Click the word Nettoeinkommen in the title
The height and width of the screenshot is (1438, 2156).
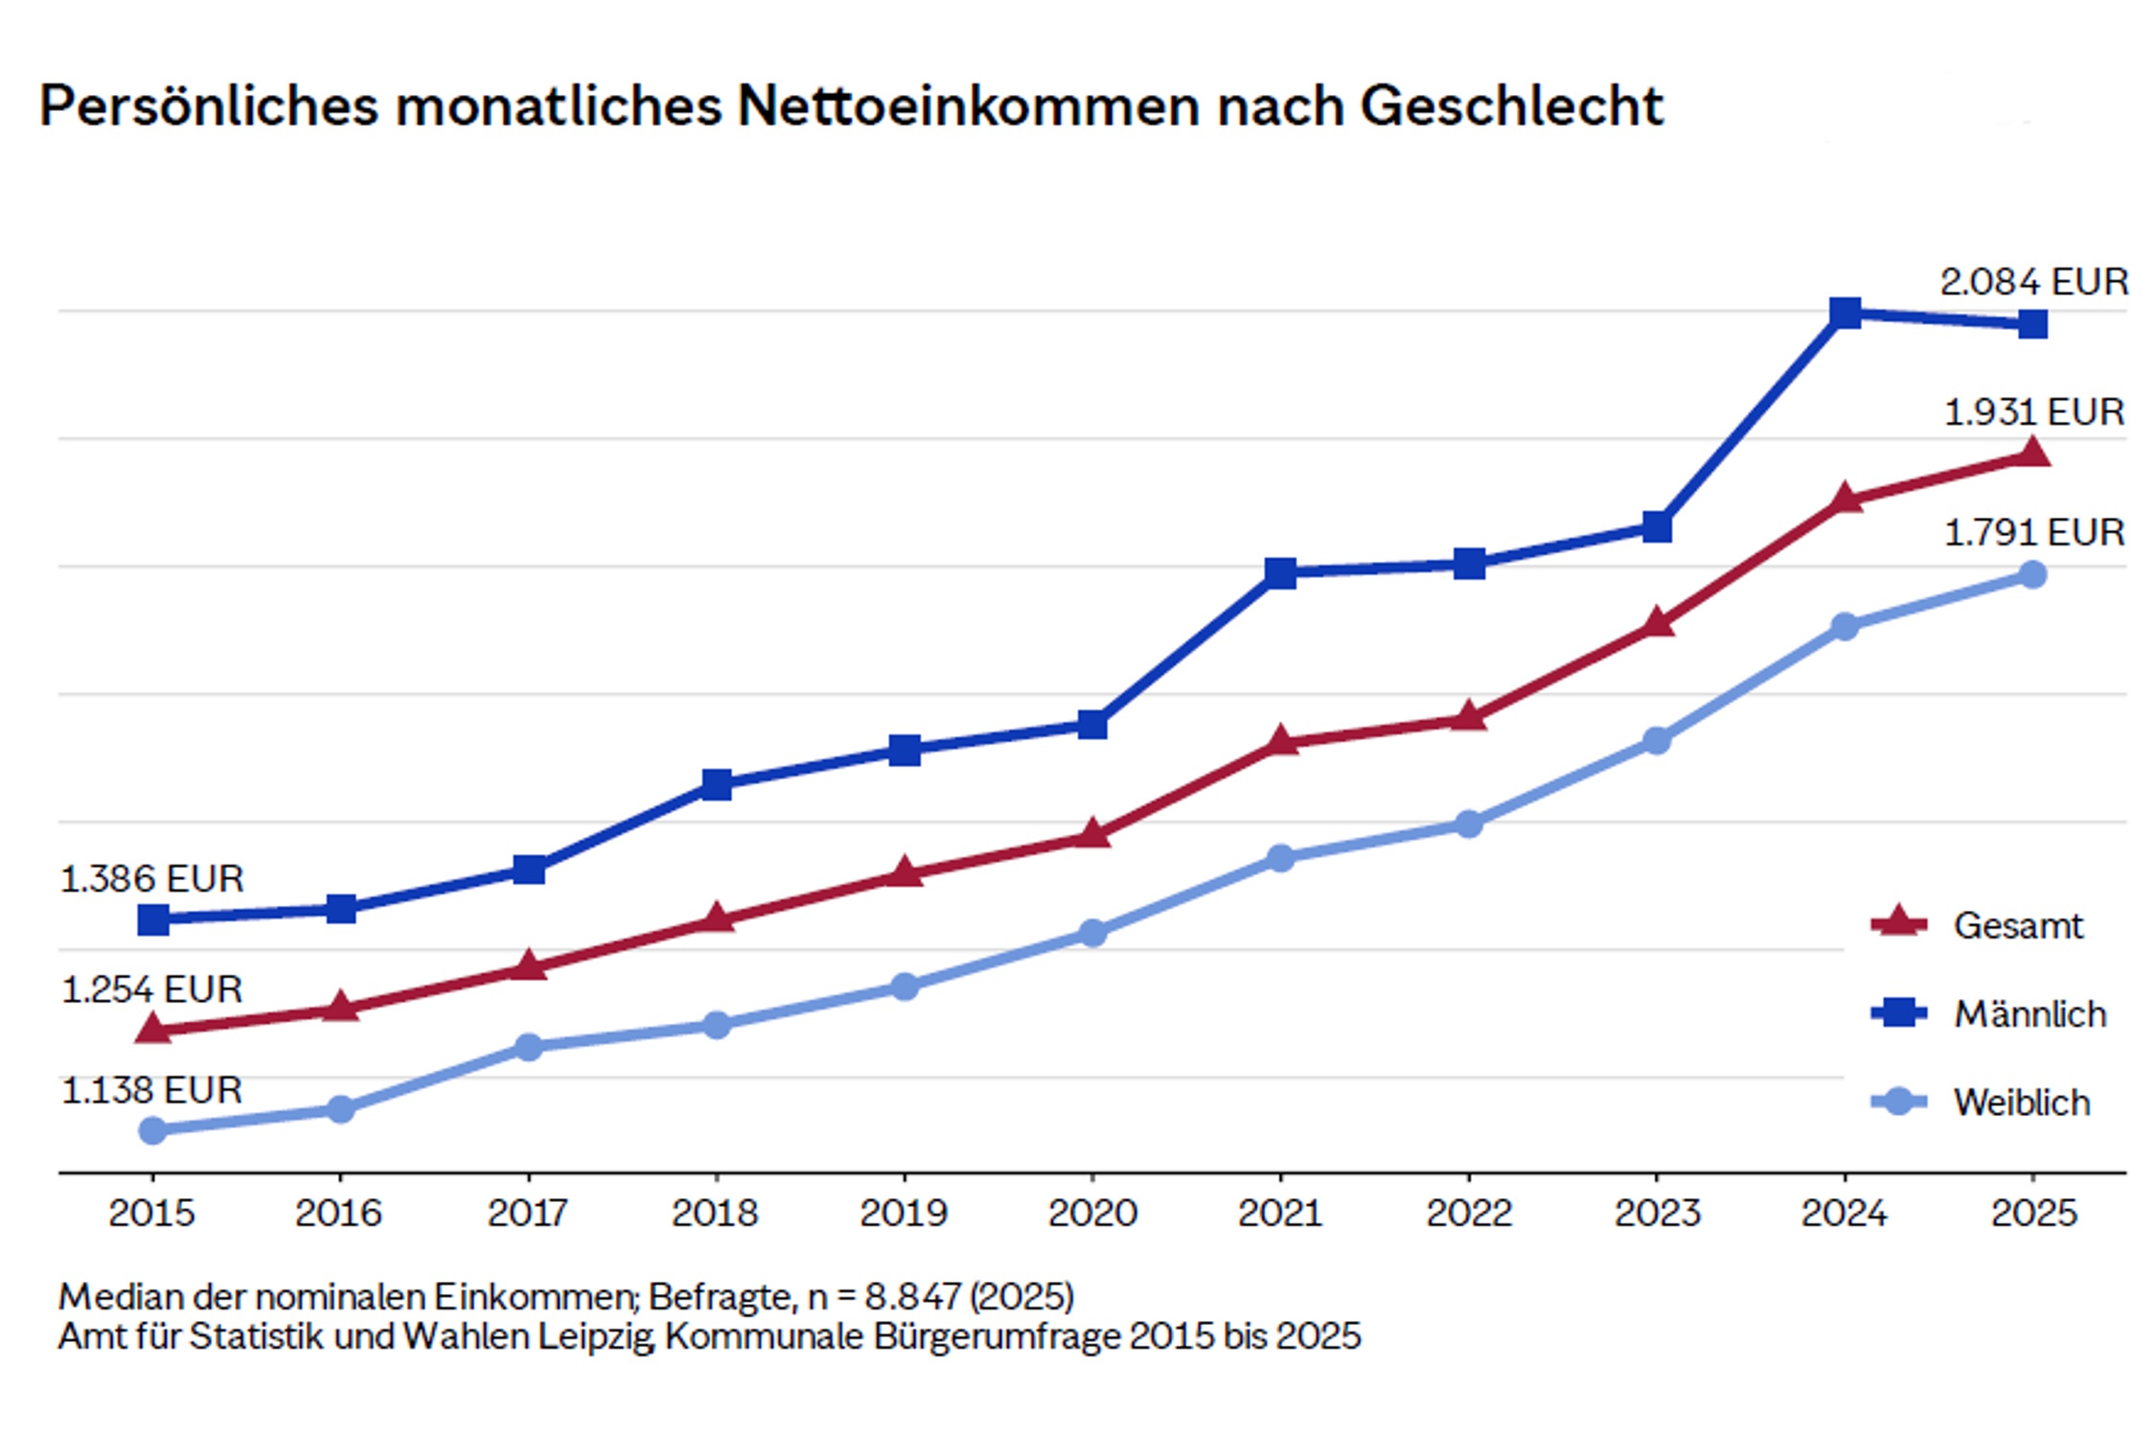pos(967,105)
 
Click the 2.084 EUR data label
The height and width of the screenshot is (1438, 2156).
pos(2033,282)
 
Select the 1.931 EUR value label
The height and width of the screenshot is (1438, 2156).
pos(2033,412)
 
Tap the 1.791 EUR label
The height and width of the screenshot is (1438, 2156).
pos(2033,533)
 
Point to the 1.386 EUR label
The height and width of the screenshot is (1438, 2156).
pos(151,879)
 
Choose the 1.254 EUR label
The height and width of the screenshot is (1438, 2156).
pos(151,989)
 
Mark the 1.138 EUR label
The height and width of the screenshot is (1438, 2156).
pos(151,1091)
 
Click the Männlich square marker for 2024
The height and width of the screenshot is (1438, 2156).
pos(1845,313)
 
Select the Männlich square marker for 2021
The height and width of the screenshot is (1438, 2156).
pos(1280,573)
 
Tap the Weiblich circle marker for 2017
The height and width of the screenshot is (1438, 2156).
pos(529,1046)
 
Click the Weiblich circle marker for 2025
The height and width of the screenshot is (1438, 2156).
pos(2032,575)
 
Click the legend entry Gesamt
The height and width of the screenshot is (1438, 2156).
pos(2017,926)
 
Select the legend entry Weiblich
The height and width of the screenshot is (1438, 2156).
pos(2021,1102)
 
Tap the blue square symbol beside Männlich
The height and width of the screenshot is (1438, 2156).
pos(1898,1013)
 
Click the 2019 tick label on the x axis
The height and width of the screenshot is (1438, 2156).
pos(904,1214)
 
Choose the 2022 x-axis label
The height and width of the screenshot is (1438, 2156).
pos(1468,1214)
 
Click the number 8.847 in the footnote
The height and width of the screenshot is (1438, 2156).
pos(911,1297)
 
